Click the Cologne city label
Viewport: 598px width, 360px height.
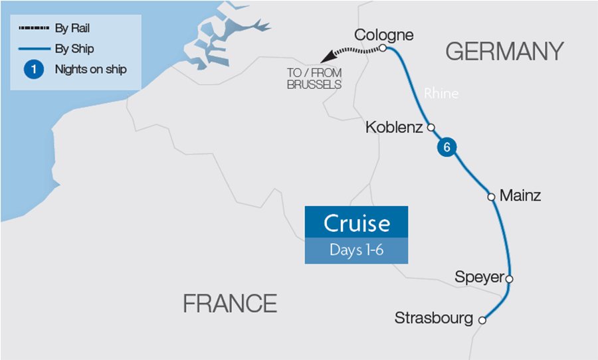[x=383, y=35]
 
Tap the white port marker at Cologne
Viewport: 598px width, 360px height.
[x=383, y=48]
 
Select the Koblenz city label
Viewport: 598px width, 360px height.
[x=394, y=127]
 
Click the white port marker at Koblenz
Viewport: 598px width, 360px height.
[x=431, y=128]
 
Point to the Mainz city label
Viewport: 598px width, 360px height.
[x=520, y=196]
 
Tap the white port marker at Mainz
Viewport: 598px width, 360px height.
[x=491, y=197]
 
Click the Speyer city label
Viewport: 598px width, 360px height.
[x=479, y=277]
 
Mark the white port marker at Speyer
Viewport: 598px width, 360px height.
[x=510, y=278]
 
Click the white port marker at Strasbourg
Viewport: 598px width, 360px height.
[x=482, y=320]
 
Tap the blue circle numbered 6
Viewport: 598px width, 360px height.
[x=447, y=148]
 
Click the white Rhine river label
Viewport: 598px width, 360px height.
[x=441, y=94]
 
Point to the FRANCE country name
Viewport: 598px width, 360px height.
[x=230, y=304]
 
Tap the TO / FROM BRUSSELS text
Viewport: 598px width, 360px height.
[x=314, y=80]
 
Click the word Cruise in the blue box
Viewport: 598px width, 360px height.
[x=356, y=223]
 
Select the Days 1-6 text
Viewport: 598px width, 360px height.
[x=356, y=250]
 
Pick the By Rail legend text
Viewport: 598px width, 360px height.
[x=71, y=29]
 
